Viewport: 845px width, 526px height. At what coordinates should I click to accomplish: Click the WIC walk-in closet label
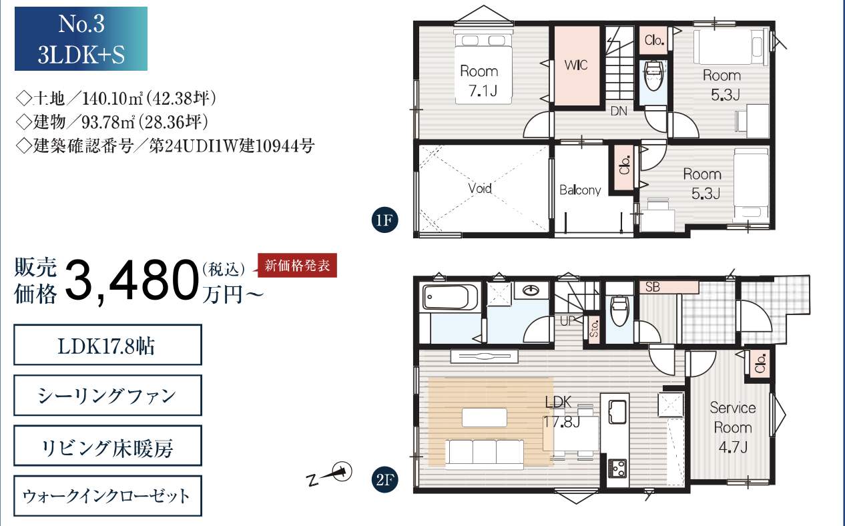[576, 65]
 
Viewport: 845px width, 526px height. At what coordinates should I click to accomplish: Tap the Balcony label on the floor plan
[580, 190]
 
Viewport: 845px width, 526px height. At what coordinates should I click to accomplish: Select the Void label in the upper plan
[480, 188]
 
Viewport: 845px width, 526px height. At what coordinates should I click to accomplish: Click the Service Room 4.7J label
[733, 427]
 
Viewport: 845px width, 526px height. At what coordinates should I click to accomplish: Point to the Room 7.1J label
[480, 81]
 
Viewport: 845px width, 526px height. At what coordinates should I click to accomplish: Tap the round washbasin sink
[532, 290]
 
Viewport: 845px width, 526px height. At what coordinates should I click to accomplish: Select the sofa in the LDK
[485, 454]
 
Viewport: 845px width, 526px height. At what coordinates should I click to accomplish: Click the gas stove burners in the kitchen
[618, 469]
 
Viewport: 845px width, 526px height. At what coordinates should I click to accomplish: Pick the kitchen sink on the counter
[618, 411]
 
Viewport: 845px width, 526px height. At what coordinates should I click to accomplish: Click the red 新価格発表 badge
[297, 265]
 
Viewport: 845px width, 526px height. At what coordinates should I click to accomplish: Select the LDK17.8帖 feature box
[107, 345]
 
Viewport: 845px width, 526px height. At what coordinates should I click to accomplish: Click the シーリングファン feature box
[107, 395]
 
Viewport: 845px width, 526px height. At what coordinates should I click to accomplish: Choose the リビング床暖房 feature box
[107, 446]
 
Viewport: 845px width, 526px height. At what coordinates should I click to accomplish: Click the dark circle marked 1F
[384, 220]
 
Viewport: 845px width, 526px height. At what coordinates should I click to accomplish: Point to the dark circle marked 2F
[384, 479]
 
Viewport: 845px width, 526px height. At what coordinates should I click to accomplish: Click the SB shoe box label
[653, 287]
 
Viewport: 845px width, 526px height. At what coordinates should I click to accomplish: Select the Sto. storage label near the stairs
[594, 328]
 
